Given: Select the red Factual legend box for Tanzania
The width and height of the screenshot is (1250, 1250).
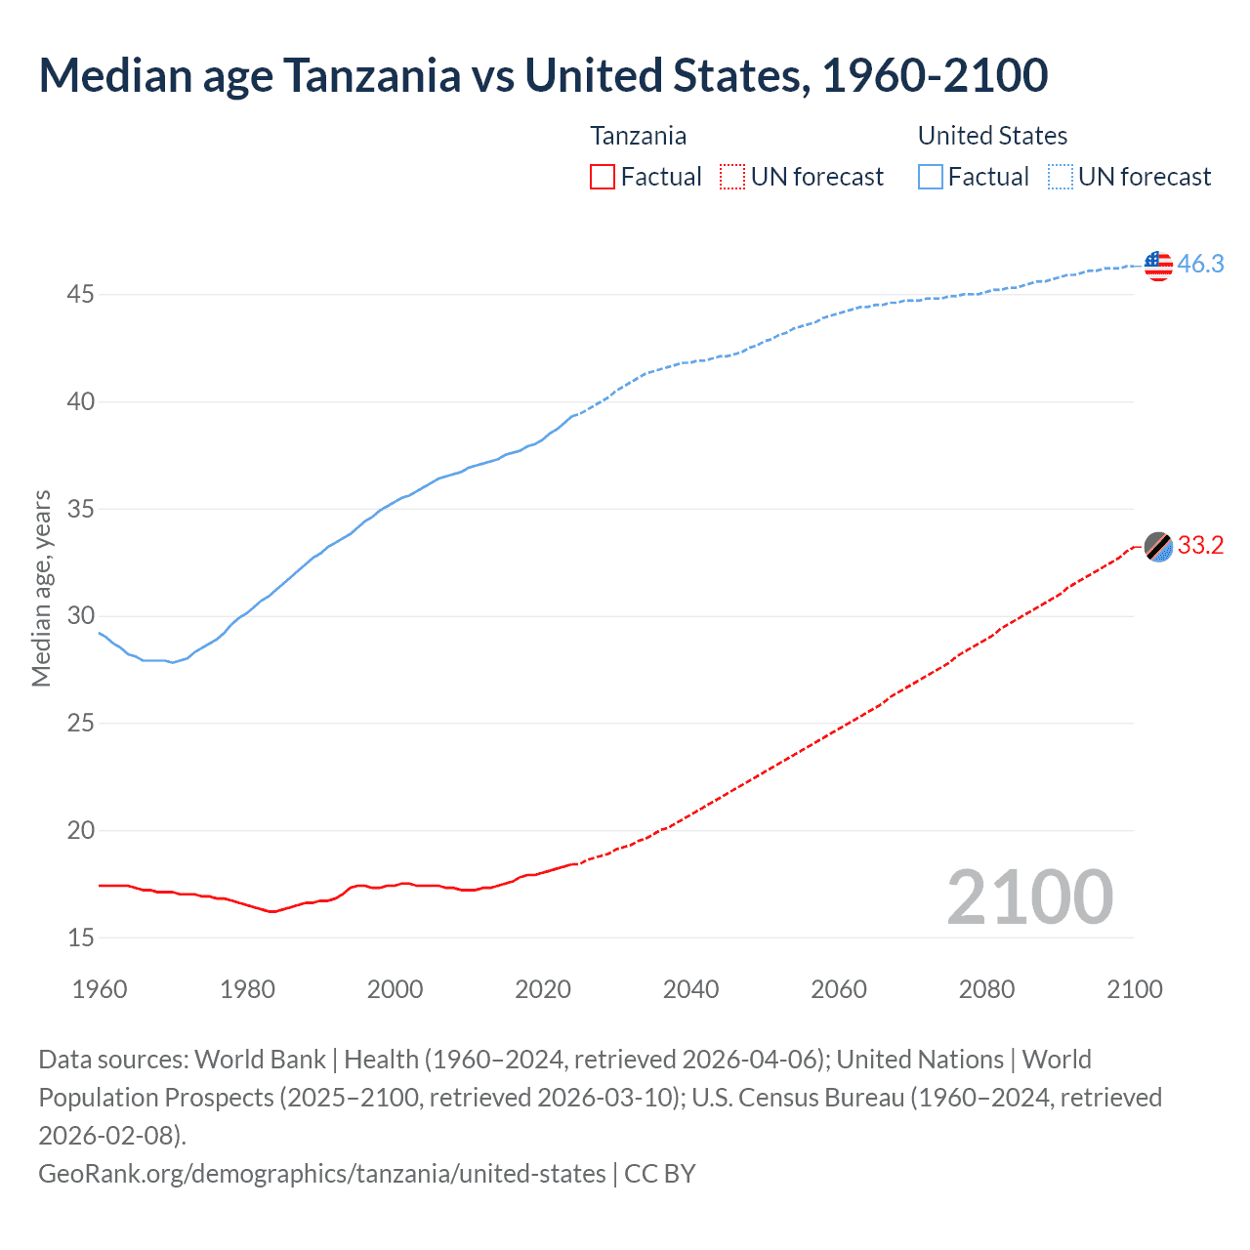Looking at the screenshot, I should pos(603,177).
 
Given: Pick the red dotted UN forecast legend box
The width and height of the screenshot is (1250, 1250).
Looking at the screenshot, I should pos(732,177).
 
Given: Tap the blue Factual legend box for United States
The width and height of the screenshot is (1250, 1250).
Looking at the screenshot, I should pos(931,177).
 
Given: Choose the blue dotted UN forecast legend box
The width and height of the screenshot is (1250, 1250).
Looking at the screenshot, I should pos(1061,177).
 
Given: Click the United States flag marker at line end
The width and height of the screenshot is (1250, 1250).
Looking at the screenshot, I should pos(1158,265).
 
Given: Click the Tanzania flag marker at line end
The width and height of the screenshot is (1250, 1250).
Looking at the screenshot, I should pos(1158,547).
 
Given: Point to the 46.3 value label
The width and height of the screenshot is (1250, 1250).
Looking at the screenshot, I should pos(1200,265).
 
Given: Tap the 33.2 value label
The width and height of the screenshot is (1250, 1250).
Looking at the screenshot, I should pos(1200,546).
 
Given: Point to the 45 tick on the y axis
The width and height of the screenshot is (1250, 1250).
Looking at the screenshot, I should pos(80,294).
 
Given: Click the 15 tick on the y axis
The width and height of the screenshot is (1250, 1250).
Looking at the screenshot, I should pos(80,937).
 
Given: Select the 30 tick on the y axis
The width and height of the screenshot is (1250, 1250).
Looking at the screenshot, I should pos(80,615).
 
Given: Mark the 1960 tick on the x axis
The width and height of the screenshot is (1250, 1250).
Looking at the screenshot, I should pos(100,989).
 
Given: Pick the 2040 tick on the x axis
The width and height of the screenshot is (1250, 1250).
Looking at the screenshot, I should pos(690,989).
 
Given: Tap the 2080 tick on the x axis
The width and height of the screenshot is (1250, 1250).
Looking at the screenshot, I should pos(986,989).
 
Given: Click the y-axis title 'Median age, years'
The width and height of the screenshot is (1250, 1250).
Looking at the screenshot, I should pos(41,589).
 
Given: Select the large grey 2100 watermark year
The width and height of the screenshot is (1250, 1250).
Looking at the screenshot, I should pos(1029,897).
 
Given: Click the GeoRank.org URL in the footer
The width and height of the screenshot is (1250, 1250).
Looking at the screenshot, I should pos(321,1173).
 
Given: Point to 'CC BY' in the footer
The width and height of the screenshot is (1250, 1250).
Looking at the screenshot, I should pos(660,1173).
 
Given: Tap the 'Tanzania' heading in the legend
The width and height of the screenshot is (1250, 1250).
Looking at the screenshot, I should pos(638,136).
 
